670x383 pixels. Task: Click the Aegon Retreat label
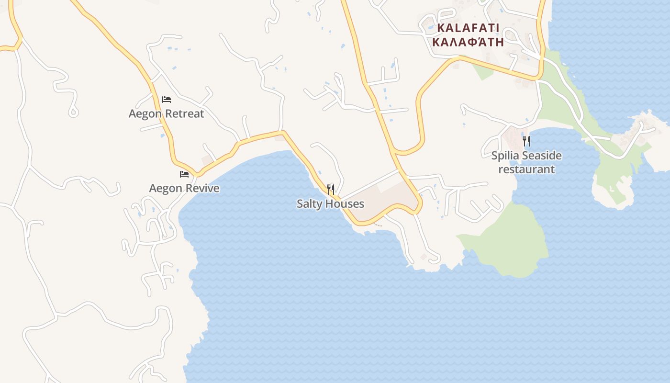(166, 114)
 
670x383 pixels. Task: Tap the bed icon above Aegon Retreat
(167, 100)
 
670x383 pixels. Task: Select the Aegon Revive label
(184, 188)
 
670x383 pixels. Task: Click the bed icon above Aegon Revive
(184, 174)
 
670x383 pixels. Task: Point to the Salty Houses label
(330, 204)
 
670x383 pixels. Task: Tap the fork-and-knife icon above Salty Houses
(330, 189)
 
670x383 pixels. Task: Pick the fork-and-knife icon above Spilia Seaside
(526, 141)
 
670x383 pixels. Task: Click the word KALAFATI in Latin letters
(468, 28)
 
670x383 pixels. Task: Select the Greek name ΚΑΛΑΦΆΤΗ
(468, 42)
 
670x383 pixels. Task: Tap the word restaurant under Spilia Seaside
(526, 169)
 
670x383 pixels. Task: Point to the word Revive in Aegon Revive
(202, 188)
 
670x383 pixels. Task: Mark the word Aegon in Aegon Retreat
(144, 114)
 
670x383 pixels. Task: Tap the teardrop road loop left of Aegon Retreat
(73, 112)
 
